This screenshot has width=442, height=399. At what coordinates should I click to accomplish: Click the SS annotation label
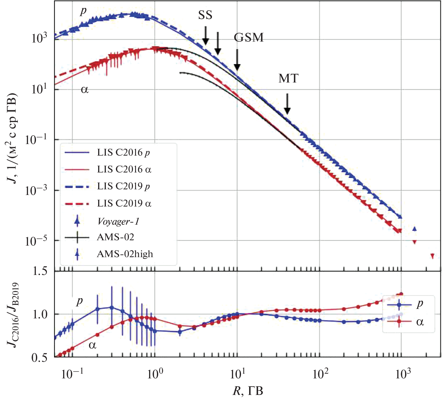(x=205, y=15)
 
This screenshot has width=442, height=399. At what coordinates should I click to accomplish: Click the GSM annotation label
(x=249, y=37)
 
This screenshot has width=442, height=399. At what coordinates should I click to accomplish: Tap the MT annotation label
(x=288, y=78)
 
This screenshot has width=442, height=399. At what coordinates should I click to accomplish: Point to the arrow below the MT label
(x=287, y=104)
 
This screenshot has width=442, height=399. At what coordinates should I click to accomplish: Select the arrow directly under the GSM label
(x=237, y=60)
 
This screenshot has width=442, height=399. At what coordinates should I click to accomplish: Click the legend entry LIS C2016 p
(x=123, y=152)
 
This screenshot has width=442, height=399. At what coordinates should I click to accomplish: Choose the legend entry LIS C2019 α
(x=124, y=203)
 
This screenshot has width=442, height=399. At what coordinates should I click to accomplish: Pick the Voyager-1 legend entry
(x=118, y=222)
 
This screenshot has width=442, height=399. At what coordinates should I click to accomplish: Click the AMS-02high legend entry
(x=125, y=254)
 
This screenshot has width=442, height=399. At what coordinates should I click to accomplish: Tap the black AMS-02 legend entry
(x=115, y=237)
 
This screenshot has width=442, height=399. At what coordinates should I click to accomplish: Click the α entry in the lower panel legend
(x=419, y=322)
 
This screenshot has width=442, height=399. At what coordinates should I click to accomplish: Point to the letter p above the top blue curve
(x=83, y=11)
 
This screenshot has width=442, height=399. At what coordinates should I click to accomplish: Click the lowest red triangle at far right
(x=432, y=256)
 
